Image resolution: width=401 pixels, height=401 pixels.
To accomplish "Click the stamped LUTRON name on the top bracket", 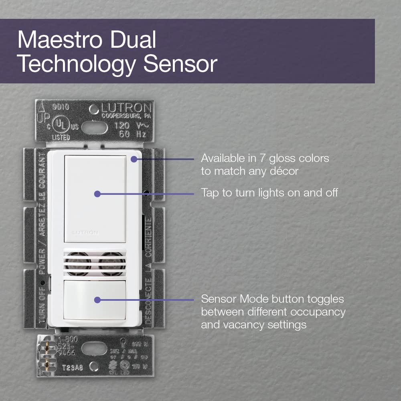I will point(125,108).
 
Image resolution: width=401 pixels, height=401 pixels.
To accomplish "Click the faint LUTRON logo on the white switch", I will point(79,232).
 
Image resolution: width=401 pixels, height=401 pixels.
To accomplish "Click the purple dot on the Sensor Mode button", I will point(97,300).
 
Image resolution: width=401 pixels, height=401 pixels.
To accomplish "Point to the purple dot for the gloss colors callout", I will point(134,159).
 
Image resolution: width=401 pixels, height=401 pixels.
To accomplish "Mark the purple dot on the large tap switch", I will point(97,194).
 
